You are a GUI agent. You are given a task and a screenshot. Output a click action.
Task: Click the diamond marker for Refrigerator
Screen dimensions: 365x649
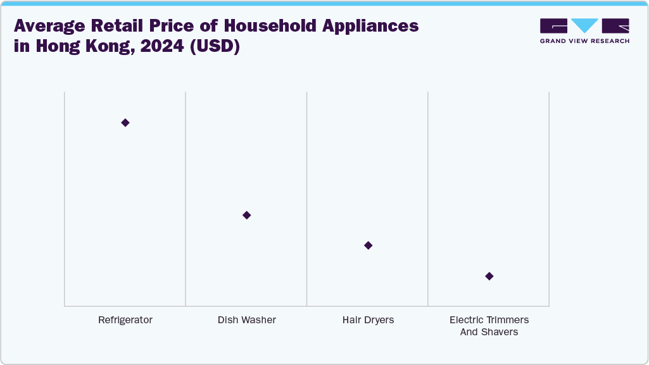125,123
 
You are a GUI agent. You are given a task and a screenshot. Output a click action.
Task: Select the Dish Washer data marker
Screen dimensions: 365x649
247,215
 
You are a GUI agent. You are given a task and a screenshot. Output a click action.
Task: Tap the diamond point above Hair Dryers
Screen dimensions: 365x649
369,245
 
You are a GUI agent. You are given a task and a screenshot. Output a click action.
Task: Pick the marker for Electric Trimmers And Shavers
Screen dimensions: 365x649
489,276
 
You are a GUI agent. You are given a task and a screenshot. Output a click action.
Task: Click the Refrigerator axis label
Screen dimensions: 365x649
125,320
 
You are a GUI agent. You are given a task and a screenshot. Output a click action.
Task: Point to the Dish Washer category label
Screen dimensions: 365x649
247,320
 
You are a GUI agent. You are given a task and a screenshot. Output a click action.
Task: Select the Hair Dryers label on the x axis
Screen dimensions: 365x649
368,320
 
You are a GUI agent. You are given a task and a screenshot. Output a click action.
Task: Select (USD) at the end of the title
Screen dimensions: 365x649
218,47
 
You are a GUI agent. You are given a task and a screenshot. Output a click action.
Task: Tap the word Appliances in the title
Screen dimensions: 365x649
367,27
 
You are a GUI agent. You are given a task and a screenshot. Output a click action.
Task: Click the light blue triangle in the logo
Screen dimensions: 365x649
584,25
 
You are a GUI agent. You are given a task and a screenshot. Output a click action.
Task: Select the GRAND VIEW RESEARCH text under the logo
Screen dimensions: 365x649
584,41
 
